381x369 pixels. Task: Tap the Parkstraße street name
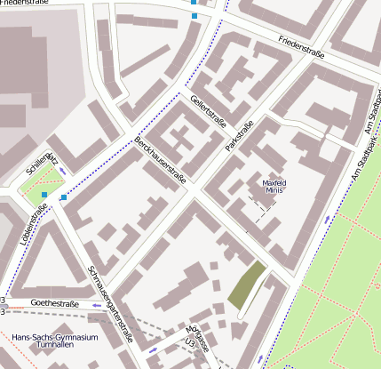240,134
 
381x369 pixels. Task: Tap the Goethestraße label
55,304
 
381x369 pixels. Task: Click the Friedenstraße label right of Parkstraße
301,48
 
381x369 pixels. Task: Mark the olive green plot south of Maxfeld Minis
247,285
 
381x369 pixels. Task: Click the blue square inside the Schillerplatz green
44,194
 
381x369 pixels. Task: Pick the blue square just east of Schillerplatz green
63,197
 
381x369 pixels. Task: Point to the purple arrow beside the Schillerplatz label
63,170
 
